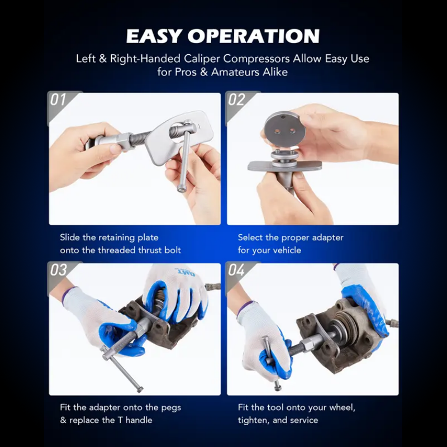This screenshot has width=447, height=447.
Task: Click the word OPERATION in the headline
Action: point(254,36)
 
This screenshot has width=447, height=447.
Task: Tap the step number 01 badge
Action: point(58,100)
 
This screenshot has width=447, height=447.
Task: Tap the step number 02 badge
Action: point(236,100)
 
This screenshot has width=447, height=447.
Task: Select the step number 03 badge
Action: point(59,270)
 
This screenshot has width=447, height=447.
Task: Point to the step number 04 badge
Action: point(236,270)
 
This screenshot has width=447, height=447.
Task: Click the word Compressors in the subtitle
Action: point(256,59)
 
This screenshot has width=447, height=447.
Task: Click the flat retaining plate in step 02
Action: point(284,166)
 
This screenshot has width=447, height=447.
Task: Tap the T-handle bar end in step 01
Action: point(180,189)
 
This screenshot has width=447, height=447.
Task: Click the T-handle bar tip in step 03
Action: point(139,389)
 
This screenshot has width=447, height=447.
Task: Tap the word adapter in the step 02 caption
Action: point(328,237)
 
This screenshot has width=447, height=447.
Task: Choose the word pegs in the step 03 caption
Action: point(171,408)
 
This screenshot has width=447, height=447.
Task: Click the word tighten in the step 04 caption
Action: point(254,421)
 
